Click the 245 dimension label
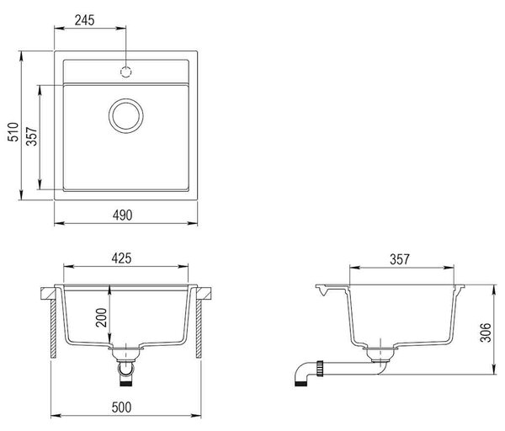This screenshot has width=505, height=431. coord(85,20)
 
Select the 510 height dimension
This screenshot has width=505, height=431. coord(13,132)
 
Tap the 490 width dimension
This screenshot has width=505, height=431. coord(122,215)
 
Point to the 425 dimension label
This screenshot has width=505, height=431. coord(122,258)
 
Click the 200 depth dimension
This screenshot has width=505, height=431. coord(102,317)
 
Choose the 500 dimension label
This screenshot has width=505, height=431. coord(122,407)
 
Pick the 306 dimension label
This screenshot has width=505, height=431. coord(485,333)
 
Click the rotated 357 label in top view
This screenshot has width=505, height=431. coord(32,136)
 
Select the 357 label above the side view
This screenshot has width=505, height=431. coord(400,259)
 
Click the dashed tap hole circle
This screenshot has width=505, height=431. coord(126,72)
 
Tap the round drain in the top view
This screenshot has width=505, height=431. coord(126,116)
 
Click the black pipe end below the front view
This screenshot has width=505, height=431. coord(126,383)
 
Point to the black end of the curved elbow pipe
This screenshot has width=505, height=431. coord(300,383)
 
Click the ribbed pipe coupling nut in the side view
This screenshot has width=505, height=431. coord(320,369)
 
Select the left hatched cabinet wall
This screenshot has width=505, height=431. coord(54,329)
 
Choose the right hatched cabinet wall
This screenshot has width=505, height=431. coord(199,329)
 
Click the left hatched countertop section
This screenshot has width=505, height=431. coord(48,294)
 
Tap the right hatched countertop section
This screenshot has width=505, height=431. coord(204,294)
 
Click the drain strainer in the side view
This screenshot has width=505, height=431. coord(380,354)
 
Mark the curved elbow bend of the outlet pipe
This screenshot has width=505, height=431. coord(302,370)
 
